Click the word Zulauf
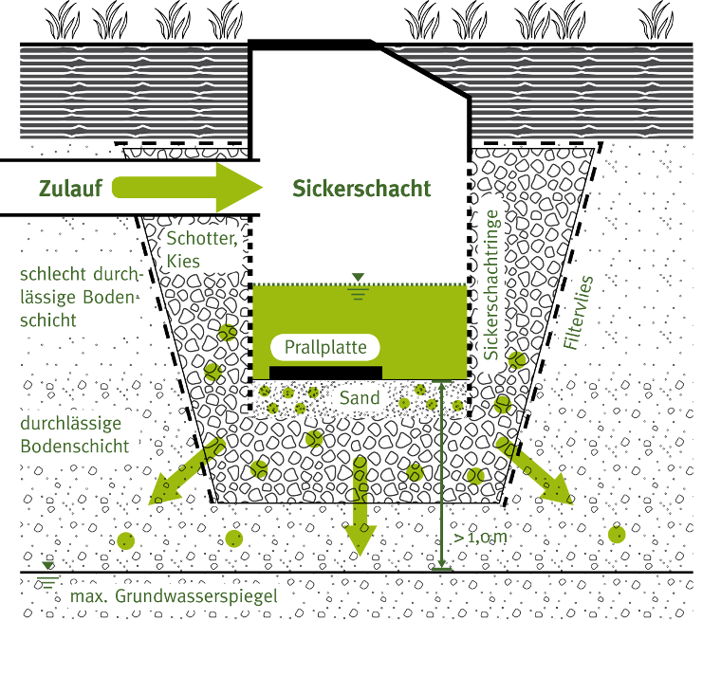click(69, 188)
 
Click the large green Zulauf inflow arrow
click(190, 187)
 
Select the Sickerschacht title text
click(361, 188)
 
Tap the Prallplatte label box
click(325, 347)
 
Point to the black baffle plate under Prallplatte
click(325, 371)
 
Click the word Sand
click(360, 398)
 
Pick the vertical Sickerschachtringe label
click(490, 284)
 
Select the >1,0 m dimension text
click(481, 539)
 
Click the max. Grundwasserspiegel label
click(174, 597)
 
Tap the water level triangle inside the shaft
click(358, 278)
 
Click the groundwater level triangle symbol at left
click(47, 567)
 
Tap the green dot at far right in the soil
click(617, 535)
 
